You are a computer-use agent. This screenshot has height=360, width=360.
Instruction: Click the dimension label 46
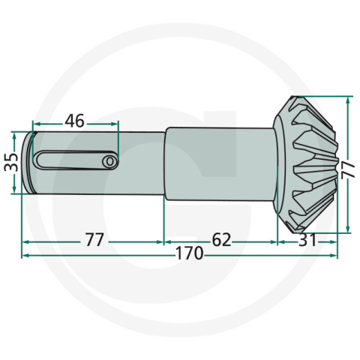pyautogui.click(x=74, y=121)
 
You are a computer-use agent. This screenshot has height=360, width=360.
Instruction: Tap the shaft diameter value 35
pyautogui.click(x=10, y=162)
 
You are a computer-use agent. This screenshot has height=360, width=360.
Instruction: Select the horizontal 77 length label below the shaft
pyautogui.click(x=94, y=240)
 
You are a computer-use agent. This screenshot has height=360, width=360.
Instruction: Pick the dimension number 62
pyautogui.click(x=220, y=240)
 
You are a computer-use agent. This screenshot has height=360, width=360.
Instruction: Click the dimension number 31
pyautogui.click(x=306, y=240)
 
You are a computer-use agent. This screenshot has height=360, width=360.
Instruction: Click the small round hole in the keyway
pyautogui.click(x=109, y=160)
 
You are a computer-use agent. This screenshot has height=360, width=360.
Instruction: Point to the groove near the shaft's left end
pyautogui.click(x=33, y=162)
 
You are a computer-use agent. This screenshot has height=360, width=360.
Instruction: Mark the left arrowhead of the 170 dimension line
pyautogui.click(x=25, y=255)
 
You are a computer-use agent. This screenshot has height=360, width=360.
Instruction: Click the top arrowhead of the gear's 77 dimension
pyautogui.click(x=347, y=99)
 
